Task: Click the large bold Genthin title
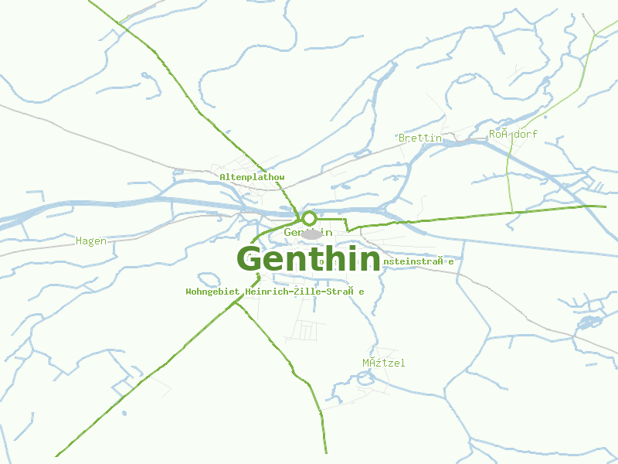click(308, 260)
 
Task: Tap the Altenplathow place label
click(252, 177)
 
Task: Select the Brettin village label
click(419, 138)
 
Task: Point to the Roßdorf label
click(513, 134)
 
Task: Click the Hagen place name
click(91, 241)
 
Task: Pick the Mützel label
click(383, 363)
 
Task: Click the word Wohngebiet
click(213, 292)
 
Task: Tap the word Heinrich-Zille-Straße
click(304, 292)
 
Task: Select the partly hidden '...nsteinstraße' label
click(418, 261)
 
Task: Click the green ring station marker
click(309, 218)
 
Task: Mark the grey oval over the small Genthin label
click(311, 233)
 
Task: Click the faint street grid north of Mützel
click(306, 331)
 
